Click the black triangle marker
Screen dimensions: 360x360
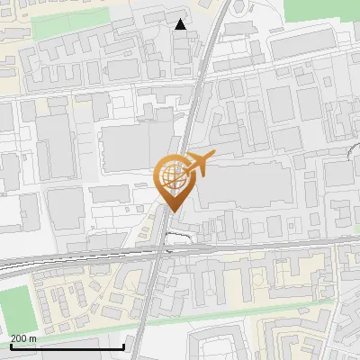tap(181, 25)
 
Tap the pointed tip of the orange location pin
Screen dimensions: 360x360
tap(171, 211)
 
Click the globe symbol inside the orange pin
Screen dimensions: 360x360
tap(171, 175)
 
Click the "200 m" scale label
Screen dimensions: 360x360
tap(22, 338)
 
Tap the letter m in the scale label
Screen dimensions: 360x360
tap(32, 338)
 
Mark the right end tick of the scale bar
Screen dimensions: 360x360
tap(123, 345)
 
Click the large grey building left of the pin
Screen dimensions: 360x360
tap(130, 148)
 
